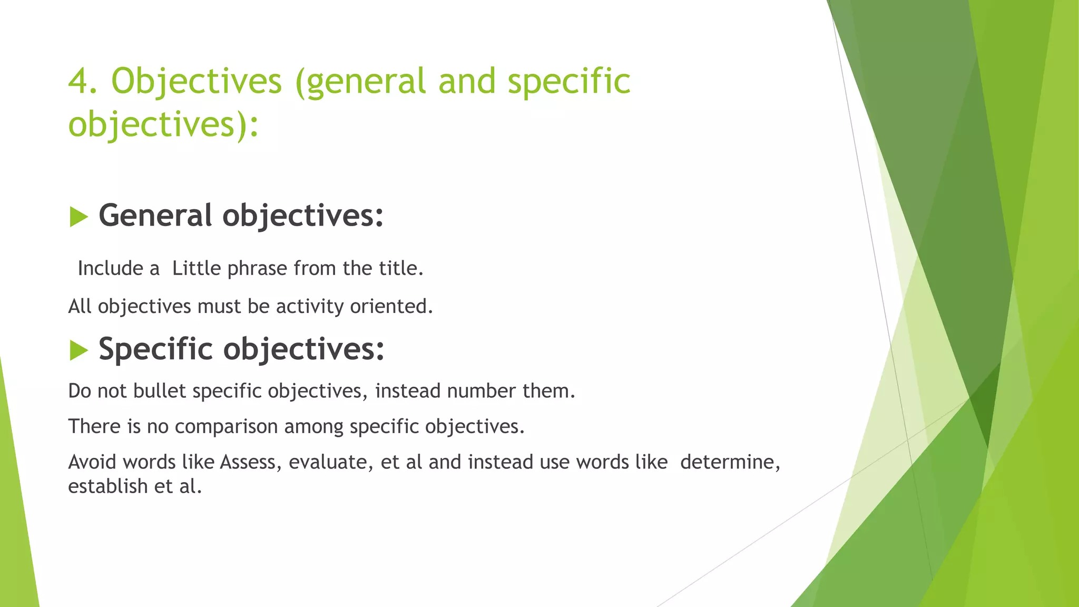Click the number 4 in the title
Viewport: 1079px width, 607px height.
click(82, 82)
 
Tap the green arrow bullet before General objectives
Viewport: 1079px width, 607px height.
click(79, 217)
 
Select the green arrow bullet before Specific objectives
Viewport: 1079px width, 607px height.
click(79, 350)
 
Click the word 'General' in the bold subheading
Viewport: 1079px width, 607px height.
click(155, 216)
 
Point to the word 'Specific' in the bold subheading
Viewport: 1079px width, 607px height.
click(155, 349)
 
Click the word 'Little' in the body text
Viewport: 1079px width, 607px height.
click(197, 269)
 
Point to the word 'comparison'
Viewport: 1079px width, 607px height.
click(226, 427)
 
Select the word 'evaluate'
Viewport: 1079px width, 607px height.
click(328, 462)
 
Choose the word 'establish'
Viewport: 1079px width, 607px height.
click(108, 486)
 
